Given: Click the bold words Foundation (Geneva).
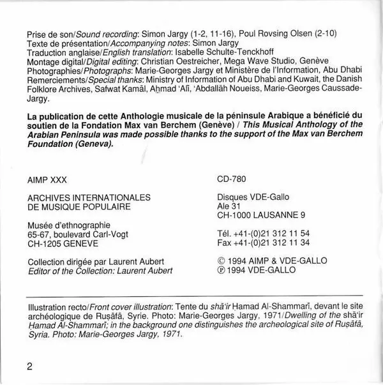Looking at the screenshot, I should click(x=70, y=144).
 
